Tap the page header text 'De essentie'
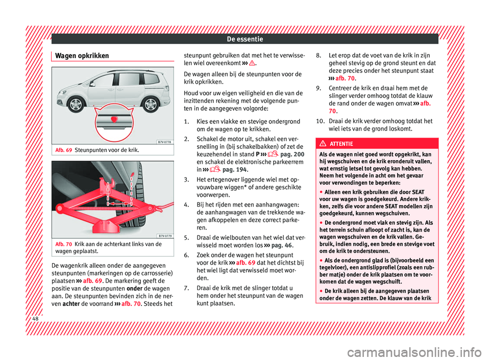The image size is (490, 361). pyautogui.click(x=245, y=38)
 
